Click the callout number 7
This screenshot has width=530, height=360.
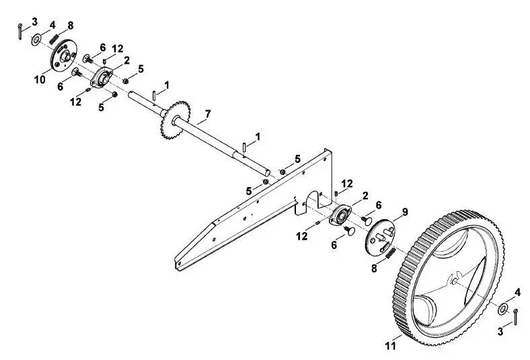pyautogui.click(x=208, y=114)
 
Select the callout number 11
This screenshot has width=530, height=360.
pyautogui.click(x=390, y=346)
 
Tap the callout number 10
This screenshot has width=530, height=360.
pyautogui.click(x=40, y=80)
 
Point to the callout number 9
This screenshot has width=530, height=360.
pyautogui.click(x=405, y=212)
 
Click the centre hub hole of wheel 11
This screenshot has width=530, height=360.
pyautogui.click(x=455, y=280)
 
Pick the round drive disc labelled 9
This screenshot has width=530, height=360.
pyautogui.click(x=380, y=238)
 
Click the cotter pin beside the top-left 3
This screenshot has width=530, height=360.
pyautogui.click(x=20, y=32)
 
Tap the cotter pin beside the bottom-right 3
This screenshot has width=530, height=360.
pyautogui.click(x=515, y=317)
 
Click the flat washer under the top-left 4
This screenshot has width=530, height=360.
pyautogui.click(x=36, y=40)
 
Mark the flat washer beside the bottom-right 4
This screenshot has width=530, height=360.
pyautogui.click(x=502, y=310)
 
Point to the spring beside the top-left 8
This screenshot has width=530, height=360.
pyautogui.click(x=54, y=38)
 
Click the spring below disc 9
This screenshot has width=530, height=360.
pyautogui.click(x=390, y=253)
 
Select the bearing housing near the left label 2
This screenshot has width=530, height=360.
pyautogui.click(x=101, y=77)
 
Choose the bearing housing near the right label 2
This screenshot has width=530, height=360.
pyautogui.click(x=340, y=215)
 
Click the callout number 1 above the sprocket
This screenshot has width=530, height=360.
pyautogui.click(x=167, y=85)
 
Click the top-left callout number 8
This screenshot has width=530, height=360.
pyautogui.click(x=71, y=26)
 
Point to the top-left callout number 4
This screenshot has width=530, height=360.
pyautogui.click(x=52, y=26)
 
